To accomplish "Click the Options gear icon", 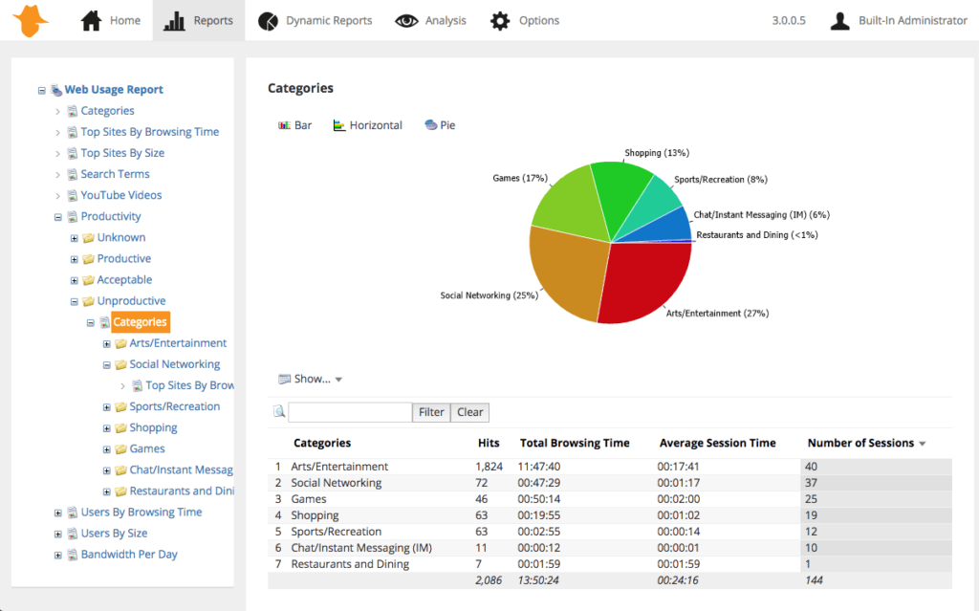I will [500, 20].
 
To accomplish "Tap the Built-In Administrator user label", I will [912, 20].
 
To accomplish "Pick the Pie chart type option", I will [446, 125].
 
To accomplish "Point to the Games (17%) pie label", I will [519, 178].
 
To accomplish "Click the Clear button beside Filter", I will [469, 412].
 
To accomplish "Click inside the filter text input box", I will [350, 412].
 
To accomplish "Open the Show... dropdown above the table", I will [311, 379].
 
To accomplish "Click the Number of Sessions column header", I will [860, 443].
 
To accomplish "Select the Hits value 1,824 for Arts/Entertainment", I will [489, 467].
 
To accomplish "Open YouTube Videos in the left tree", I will [120, 195].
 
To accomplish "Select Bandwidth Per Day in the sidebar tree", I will [128, 555].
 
